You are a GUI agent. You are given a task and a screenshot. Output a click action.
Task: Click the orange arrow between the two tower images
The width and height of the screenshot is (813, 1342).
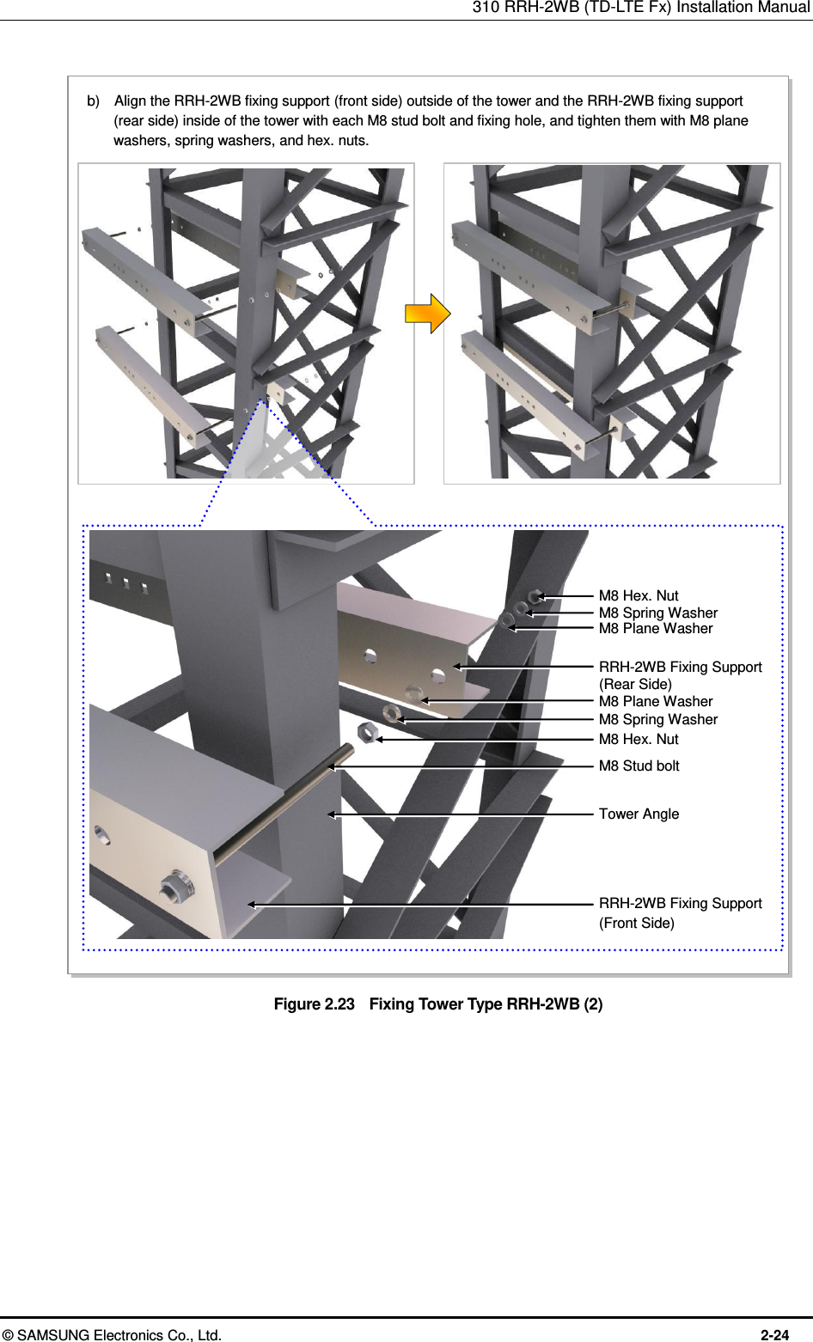[x=427, y=314]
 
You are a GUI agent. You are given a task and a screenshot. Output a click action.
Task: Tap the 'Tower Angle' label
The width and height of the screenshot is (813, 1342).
[x=639, y=814]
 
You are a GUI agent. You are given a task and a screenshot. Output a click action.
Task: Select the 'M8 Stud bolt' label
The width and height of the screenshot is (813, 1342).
[x=639, y=766]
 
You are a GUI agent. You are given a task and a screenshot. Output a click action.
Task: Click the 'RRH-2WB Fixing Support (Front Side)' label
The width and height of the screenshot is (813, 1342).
[x=680, y=912]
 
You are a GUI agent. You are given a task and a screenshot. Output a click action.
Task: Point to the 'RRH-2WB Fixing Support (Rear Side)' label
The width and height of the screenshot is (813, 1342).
[x=680, y=675]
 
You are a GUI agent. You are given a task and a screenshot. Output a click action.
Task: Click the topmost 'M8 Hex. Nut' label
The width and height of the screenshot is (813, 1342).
[x=639, y=595]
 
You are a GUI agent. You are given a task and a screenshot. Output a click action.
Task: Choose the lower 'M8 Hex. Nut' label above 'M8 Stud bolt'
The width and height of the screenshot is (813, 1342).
[x=639, y=739]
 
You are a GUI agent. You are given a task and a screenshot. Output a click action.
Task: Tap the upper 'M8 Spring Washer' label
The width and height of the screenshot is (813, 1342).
[x=657, y=613]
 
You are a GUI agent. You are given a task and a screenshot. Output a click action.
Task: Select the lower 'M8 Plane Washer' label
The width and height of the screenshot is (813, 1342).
[x=656, y=701]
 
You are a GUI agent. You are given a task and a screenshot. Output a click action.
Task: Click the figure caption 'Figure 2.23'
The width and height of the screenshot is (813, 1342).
[x=314, y=1004]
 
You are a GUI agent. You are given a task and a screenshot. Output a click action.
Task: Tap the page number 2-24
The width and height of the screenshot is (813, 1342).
[x=774, y=1334]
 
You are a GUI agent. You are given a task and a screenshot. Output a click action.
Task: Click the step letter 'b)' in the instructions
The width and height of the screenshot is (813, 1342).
[x=93, y=101]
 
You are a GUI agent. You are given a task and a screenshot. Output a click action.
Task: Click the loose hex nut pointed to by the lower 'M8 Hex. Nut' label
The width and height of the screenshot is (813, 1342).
[x=367, y=732]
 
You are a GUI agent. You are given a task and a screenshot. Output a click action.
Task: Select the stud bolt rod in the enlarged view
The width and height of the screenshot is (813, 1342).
[x=284, y=804]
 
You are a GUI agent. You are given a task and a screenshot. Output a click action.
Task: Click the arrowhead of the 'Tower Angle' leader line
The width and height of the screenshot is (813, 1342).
[x=331, y=814]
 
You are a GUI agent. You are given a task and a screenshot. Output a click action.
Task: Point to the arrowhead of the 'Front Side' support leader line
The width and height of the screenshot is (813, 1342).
[x=252, y=904]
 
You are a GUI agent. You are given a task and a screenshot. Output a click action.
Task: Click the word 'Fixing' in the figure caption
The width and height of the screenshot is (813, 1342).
[x=392, y=1004]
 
